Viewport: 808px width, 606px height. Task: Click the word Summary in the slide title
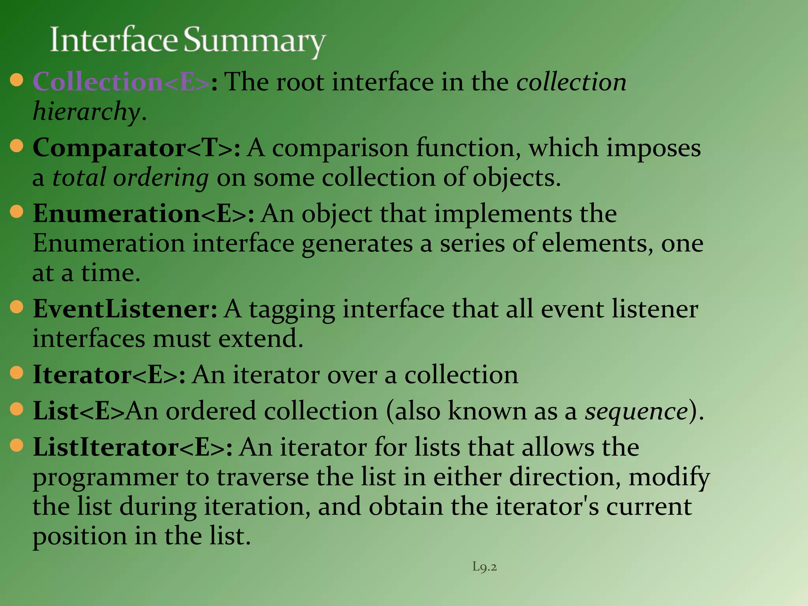(255, 41)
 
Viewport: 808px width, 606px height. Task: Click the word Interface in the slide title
(114, 40)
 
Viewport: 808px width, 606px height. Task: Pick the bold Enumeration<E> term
(143, 214)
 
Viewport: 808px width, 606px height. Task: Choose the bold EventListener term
(125, 309)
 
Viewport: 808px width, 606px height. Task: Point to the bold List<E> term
(79, 411)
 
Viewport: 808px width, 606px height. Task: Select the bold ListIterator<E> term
(133, 447)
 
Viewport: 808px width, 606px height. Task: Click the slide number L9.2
(484, 567)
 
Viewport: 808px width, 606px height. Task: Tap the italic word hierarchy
(86, 112)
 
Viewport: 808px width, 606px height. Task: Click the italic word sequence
(636, 411)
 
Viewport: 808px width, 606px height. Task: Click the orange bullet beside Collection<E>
(17, 80)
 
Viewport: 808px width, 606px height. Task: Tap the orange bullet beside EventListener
(17, 307)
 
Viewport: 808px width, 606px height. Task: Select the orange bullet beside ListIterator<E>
(17, 445)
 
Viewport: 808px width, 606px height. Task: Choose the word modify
(669, 477)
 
